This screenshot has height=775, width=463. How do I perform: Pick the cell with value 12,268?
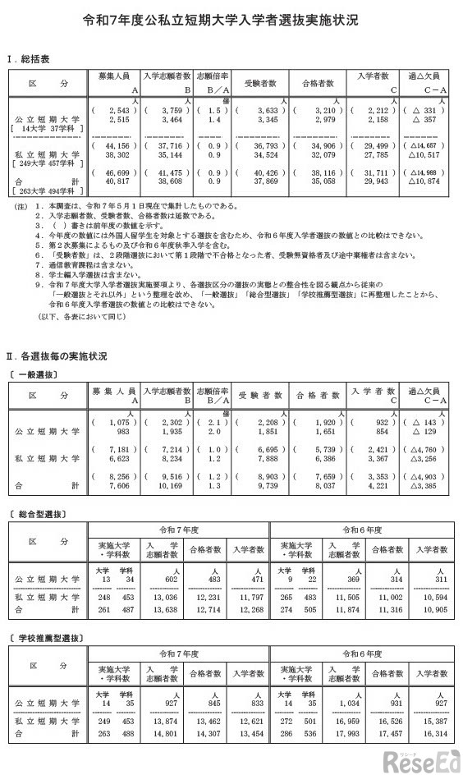pos(245,610)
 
